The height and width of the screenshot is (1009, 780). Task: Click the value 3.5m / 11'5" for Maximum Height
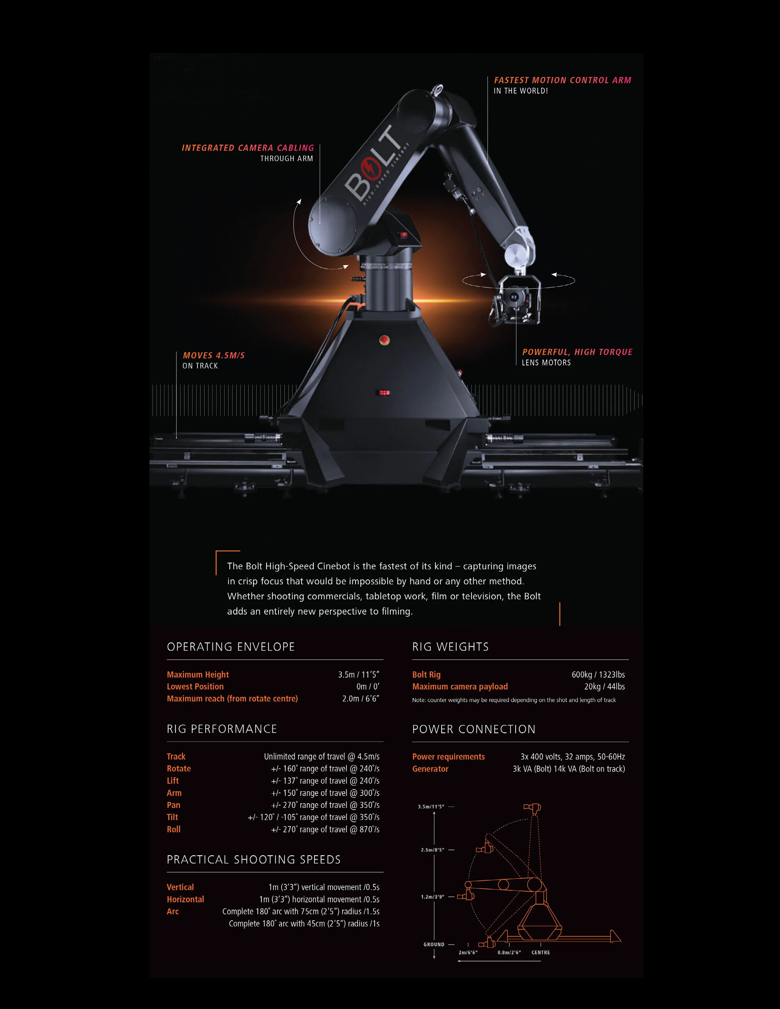(x=358, y=675)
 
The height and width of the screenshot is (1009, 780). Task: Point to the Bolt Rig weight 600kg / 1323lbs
(x=598, y=675)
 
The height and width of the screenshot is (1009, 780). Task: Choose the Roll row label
(x=174, y=829)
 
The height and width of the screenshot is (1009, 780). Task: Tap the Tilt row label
(x=172, y=817)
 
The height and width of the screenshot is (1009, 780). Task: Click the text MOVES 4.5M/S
(x=213, y=355)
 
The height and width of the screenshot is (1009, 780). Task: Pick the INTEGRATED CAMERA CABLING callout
(x=248, y=148)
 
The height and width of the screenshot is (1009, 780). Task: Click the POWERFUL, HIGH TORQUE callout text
(x=577, y=352)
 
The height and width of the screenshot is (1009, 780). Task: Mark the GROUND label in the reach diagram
(x=434, y=944)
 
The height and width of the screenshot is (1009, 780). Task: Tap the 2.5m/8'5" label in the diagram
(x=432, y=850)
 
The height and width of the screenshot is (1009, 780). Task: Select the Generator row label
(x=430, y=769)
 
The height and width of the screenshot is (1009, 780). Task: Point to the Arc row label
(x=173, y=911)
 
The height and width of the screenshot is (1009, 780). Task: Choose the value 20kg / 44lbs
(x=604, y=686)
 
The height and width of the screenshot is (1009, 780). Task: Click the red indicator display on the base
(x=384, y=393)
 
